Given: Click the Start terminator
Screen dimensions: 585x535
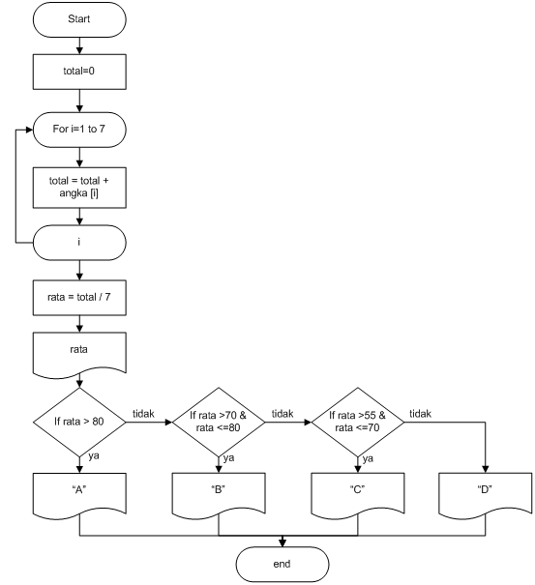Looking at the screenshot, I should coord(79,19).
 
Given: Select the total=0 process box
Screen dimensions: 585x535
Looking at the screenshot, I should coord(79,70).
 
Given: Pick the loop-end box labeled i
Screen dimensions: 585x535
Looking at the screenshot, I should coord(79,243).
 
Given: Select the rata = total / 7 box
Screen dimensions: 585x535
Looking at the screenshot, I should coord(79,300).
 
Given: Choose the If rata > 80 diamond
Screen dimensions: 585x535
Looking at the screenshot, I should coord(79,422).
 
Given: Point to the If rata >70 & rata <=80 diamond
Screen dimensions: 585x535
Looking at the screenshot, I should coord(220,422).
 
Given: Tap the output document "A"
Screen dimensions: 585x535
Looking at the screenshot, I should coord(79,489).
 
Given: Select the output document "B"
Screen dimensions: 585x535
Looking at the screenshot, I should coord(220,489).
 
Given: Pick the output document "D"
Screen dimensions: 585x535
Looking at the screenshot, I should coord(485,489).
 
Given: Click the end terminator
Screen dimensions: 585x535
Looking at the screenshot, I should coord(282,563).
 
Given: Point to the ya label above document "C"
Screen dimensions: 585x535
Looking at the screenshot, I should coord(369,459).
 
